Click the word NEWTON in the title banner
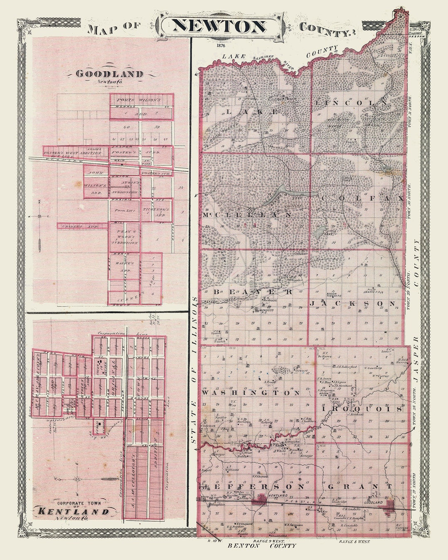point(219,27)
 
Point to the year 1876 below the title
point(221,46)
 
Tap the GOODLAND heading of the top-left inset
point(110,74)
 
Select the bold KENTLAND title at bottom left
point(73,511)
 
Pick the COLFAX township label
point(362,199)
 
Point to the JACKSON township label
point(353,304)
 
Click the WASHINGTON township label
point(251,392)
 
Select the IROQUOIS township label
point(362,409)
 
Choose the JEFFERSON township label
point(253,486)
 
